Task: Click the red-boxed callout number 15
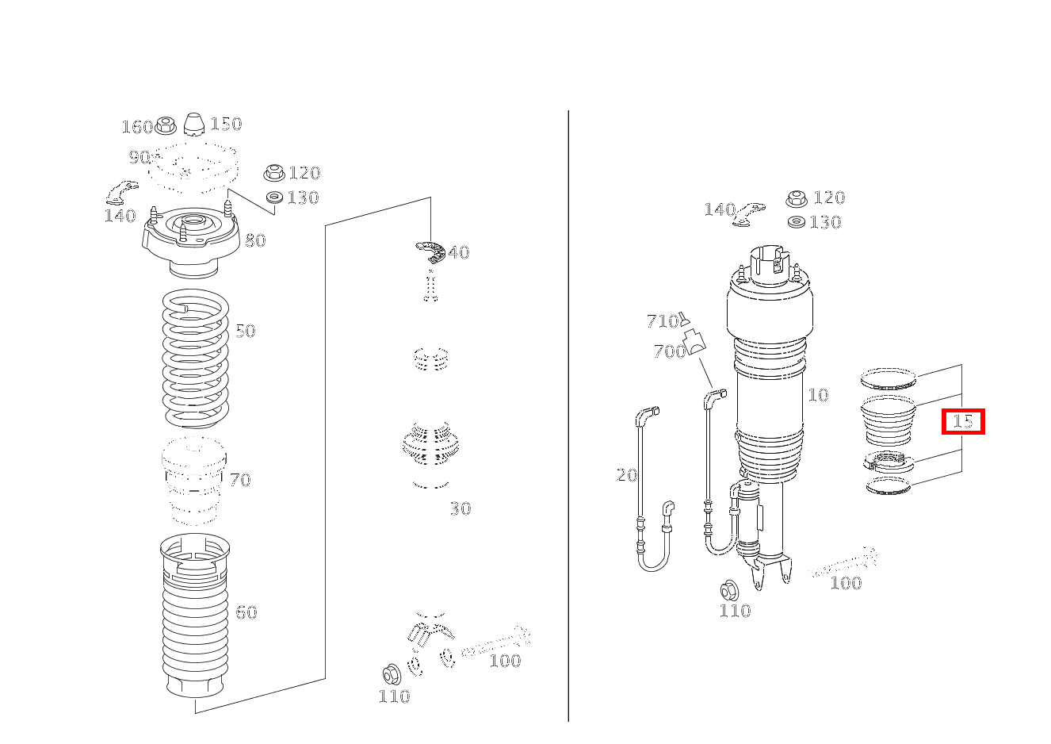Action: click(963, 421)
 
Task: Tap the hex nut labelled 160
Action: click(165, 125)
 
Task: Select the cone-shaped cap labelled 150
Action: click(193, 125)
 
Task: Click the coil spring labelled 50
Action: click(195, 359)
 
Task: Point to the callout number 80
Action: click(255, 241)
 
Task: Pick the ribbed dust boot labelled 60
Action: click(195, 616)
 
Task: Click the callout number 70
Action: click(240, 480)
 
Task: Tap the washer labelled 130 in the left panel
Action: click(274, 198)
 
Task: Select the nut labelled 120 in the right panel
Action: click(797, 199)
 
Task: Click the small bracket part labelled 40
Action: click(430, 252)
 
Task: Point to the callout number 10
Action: click(818, 395)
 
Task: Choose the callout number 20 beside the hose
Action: click(627, 475)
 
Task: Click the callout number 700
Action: click(670, 351)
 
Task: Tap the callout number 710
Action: click(663, 321)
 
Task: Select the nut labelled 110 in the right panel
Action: click(729, 591)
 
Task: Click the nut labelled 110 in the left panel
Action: click(392, 675)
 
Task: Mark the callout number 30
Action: click(461, 508)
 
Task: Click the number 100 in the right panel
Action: click(846, 583)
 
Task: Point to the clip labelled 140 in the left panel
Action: click(121, 191)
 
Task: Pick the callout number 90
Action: click(139, 157)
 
